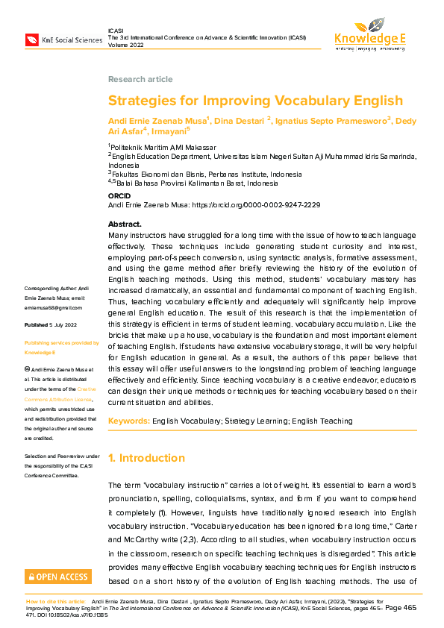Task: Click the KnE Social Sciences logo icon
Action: [x=32, y=39]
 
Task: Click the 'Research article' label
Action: [x=140, y=79]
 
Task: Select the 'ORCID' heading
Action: [x=119, y=195]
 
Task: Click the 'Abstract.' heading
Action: [x=125, y=224]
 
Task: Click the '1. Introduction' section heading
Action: [x=147, y=458]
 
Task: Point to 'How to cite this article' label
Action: [x=57, y=600]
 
